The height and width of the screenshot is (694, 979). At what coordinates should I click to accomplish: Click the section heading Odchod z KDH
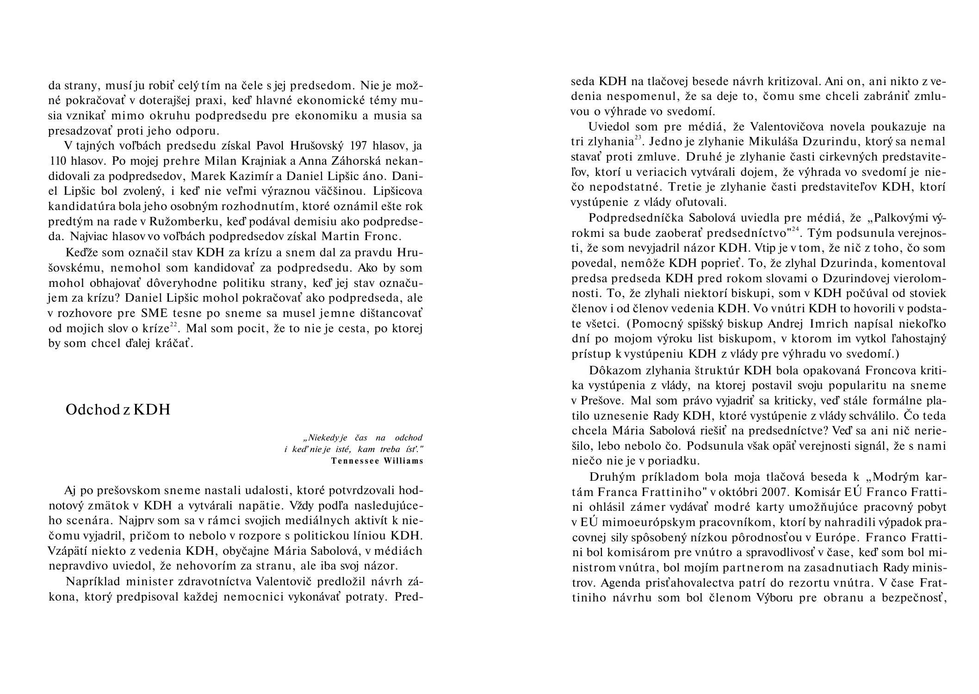click(118, 409)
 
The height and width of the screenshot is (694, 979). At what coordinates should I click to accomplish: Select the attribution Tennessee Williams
click(377, 461)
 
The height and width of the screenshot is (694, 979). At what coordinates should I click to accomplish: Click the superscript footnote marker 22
click(173, 325)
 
